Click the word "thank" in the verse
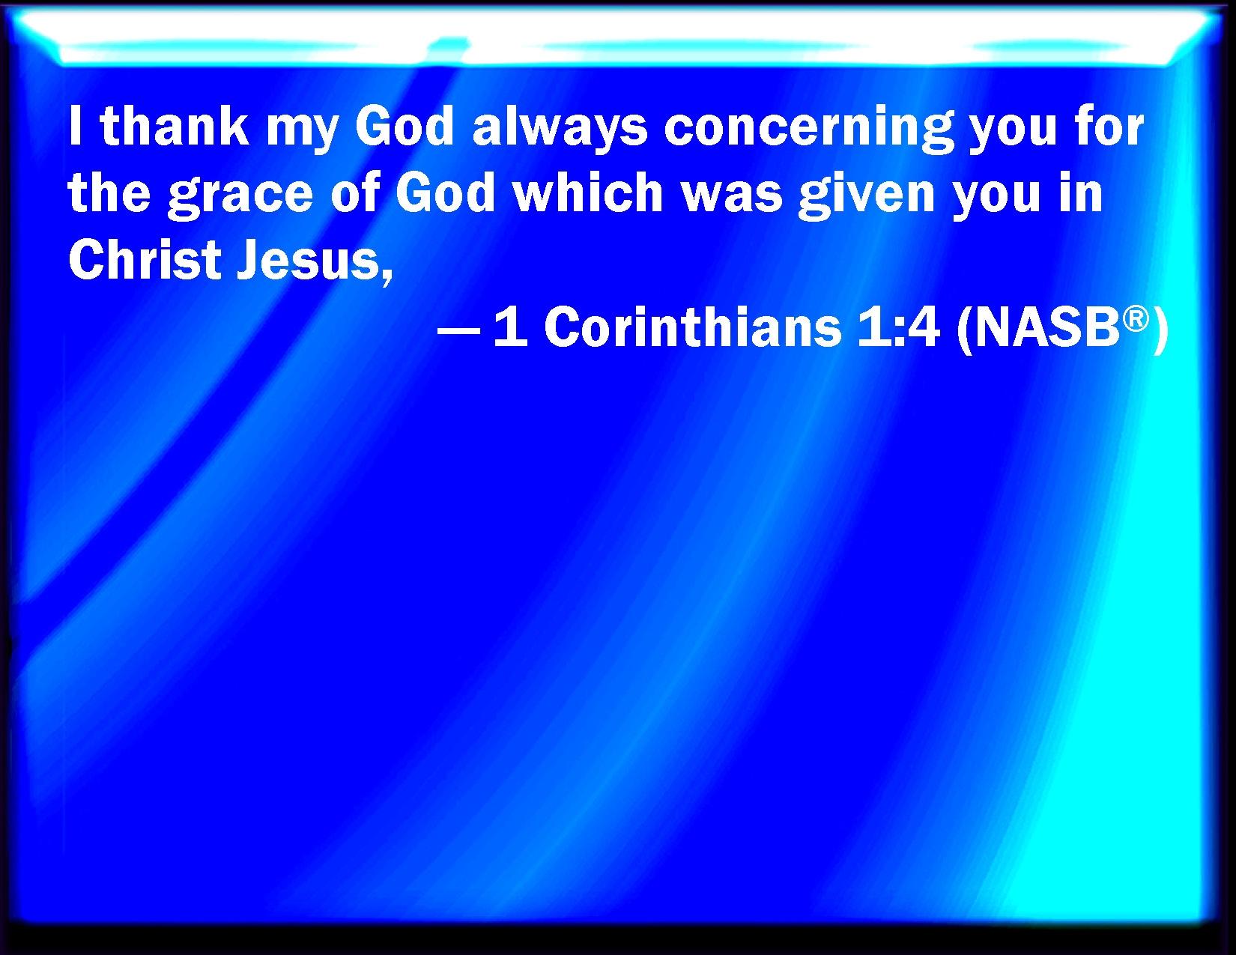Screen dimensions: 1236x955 175,126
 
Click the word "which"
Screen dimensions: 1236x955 587,192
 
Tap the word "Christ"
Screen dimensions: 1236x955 145,259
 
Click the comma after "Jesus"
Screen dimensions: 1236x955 387,277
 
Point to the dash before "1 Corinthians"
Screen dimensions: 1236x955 458,330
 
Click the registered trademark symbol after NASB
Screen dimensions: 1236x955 1136,319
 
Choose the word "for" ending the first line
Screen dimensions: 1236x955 1109,126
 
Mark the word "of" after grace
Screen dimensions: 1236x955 356,192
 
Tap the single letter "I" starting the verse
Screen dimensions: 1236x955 75,126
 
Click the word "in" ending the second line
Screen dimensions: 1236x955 1081,192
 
